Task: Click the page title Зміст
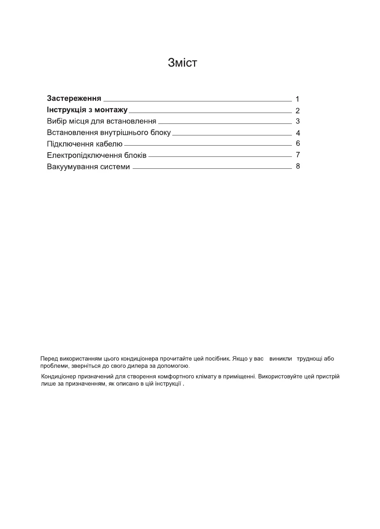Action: [x=182, y=63]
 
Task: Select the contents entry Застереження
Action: [x=74, y=98]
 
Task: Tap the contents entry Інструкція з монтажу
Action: [x=87, y=110]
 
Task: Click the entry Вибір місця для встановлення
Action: [x=101, y=121]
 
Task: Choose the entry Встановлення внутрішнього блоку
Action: [x=109, y=133]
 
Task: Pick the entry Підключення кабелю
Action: [x=85, y=144]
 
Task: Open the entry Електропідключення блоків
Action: [x=96, y=155]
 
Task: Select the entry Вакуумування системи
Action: [x=88, y=167]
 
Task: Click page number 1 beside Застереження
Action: [x=298, y=99]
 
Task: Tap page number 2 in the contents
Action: [x=298, y=111]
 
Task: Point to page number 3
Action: [x=298, y=121]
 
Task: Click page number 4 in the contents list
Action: [x=298, y=133]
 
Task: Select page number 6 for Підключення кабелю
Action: [x=298, y=143]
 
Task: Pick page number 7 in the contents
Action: [x=298, y=155]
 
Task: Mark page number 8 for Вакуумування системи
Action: [x=298, y=166]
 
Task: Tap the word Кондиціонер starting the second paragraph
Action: [x=58, y=377]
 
